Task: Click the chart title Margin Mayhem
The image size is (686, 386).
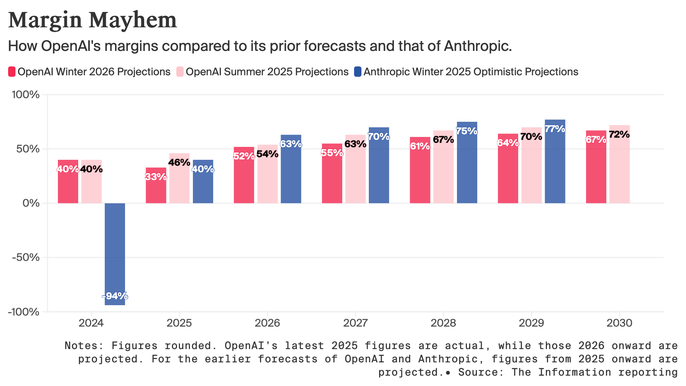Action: pyautogui.click(x=93, y=20)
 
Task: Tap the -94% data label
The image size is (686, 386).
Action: pyautogui.click(x=115, y=296)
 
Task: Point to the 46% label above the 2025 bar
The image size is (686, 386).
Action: pyautogui.click(x=179, y=162)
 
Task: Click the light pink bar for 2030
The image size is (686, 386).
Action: pyautogui.click(x=619, y=170)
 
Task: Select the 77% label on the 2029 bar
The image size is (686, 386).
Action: pyautogui.click(x=555, y=129)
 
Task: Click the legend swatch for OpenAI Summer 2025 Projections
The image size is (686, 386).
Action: pyautogui.click(x=180, y=72)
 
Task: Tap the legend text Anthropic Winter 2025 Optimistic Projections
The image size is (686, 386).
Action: pyautogui.click(x=471, y=72)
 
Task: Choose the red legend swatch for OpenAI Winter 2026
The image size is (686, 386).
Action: pyautogui.click(x=12, y=72)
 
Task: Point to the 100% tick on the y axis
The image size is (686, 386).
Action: pyautogui.click(x=26, y=95)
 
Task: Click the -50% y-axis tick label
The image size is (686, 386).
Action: pyautogui.click(x=26, y=257)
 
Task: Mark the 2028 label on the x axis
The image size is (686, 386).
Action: pyautogui.click(x=443, y=323)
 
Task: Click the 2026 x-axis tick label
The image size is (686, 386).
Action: pyautogui.click(x=267, y=323)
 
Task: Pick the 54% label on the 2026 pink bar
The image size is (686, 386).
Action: pyautogui.click(x=267, y=154)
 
